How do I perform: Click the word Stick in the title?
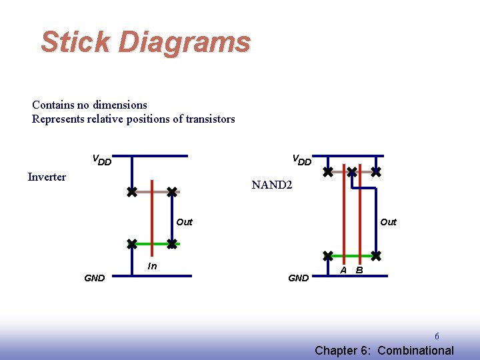(x=75, y=42)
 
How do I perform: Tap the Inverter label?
(x=47, y=177)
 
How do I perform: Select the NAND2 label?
(x=271, y=185)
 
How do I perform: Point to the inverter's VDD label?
(x=101, y=160)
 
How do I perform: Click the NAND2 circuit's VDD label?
(x=301, y=160)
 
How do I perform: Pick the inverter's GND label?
(x=94, y=278)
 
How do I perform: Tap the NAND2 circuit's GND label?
(x=298, y=278)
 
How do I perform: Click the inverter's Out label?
(x=184, y=222)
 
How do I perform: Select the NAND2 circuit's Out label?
(x=388, y=222)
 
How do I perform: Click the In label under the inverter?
(x=152, y=267)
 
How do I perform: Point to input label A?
(x=343, y=270)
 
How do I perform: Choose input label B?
(x=359, y=270)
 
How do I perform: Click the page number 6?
(x=437, y=337)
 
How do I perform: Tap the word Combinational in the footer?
(x=415, y=351)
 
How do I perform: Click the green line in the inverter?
(x=152, y=243)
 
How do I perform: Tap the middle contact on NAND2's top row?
(x=352, y=171)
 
